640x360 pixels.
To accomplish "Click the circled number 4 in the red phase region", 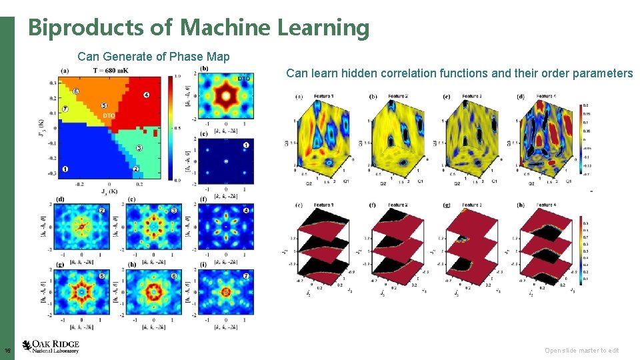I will click(146, 95).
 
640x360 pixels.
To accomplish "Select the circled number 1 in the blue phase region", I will click(65, 169).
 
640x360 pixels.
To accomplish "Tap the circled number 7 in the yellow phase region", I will click(65, 109).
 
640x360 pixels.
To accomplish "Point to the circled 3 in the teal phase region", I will click(139, 148).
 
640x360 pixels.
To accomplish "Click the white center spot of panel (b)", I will click(225, 96).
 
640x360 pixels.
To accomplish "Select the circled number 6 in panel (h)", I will click(173, 276).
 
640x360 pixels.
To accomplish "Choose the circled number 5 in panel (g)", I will click(102, 276).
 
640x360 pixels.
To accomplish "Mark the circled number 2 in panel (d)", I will click(102, 211).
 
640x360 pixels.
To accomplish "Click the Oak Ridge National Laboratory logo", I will click(51, 346).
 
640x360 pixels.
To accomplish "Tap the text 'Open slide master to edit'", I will click(581, 350).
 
